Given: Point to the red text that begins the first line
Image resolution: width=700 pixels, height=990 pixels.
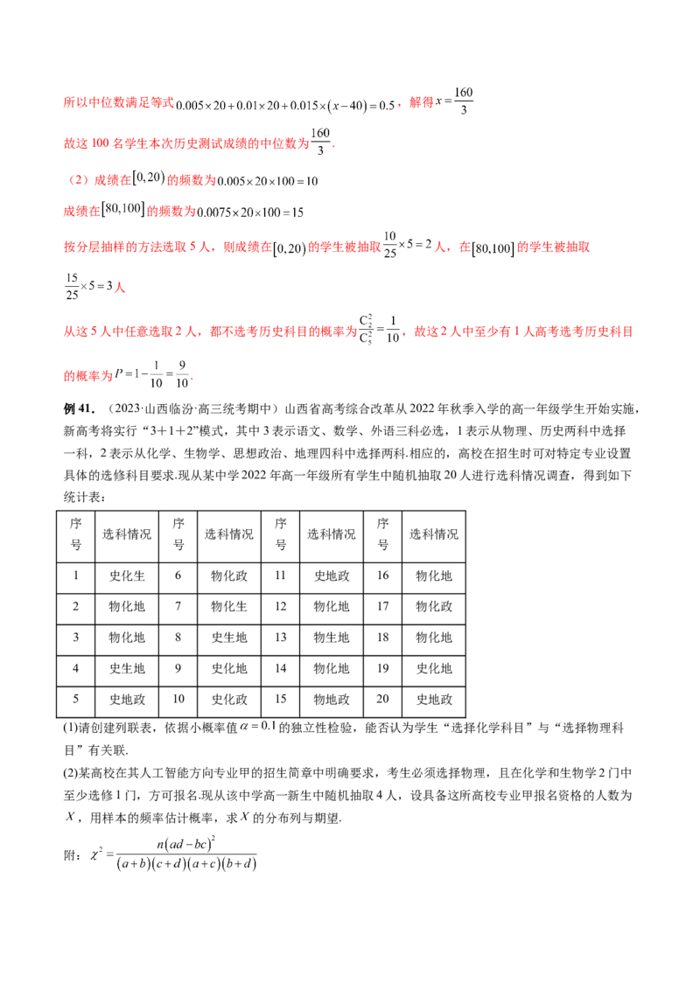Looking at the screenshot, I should pos(118,103).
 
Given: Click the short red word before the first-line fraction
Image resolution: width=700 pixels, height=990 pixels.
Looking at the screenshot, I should pos(422,103).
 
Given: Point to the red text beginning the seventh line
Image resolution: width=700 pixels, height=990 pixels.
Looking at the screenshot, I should pos(210,333).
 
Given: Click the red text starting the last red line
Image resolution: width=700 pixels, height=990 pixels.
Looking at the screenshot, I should pos(88,376).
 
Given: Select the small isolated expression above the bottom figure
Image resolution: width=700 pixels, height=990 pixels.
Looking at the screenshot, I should pos(255,728).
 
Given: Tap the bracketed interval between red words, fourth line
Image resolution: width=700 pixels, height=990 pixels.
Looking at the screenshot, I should pos(122,212).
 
